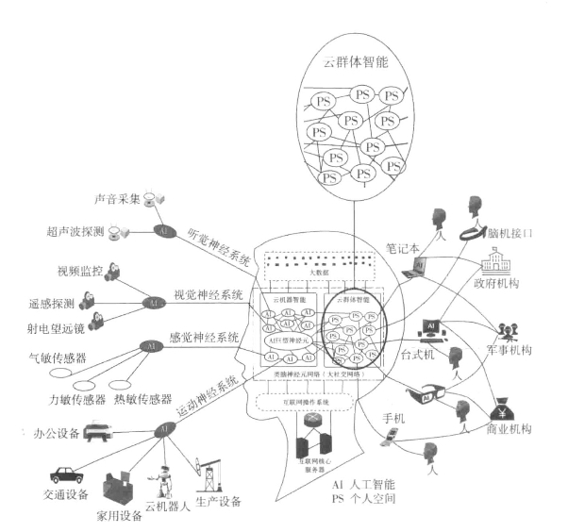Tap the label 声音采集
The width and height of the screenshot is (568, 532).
[118, 200]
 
